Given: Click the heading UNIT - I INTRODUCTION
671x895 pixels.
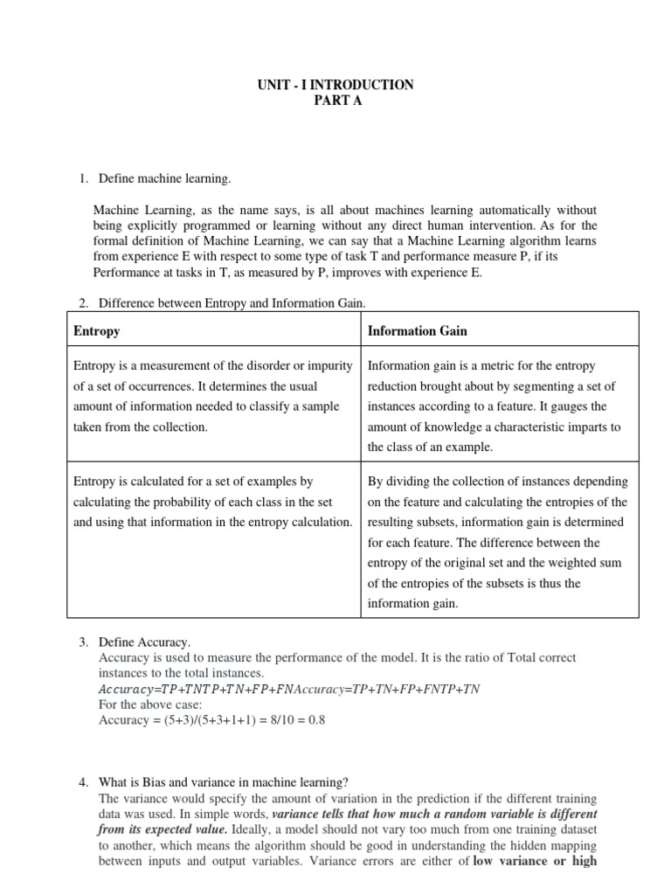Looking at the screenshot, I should tap(335, 85).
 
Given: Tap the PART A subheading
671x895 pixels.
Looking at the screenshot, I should tap(335, 101).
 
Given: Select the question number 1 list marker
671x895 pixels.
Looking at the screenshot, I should tap(83, 179).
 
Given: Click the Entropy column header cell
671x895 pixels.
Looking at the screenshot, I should tap(97, 331).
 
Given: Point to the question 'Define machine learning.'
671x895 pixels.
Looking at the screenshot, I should tap(165, 179).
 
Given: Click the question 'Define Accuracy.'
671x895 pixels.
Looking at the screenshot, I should tap(144, 643).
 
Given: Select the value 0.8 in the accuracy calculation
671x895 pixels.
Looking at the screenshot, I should tap(316, 719).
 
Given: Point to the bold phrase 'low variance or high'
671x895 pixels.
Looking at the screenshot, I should tap(535, 860).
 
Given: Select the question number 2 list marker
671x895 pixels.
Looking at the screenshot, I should tap(83, 303).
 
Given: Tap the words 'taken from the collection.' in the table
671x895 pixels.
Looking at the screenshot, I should tap(141, 427).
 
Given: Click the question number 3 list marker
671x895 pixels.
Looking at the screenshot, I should tap(83, 643).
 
